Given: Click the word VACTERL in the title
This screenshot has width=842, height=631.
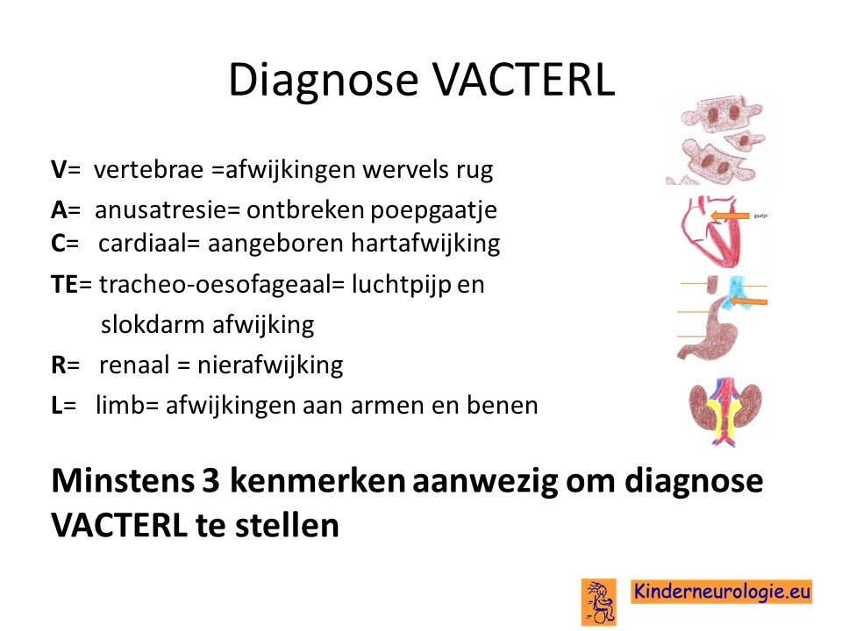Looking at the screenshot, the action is tap(524, 80).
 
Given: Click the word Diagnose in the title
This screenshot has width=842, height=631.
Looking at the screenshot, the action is tap(324, 80).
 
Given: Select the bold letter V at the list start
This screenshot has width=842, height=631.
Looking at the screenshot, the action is tap(59, 169).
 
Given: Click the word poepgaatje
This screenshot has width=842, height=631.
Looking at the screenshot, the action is tap(434, 210).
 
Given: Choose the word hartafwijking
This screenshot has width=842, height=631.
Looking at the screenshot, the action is tap(426, 244).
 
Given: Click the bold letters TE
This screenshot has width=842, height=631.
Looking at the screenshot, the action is tap(65, 284).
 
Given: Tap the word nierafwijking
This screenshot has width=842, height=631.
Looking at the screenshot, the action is tap(270, 365).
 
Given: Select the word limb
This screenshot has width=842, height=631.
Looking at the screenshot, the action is tap(120, 405).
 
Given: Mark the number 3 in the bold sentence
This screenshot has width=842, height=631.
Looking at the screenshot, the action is tap(210, 480).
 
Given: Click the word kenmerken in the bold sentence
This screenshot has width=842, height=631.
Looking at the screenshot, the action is tap(318, 479).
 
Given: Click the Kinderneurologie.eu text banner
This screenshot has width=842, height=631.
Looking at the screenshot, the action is tap(721, 592).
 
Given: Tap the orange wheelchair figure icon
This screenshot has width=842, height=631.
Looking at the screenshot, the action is tap(599, 602).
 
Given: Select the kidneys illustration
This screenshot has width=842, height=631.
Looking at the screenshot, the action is tap(725, 410).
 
